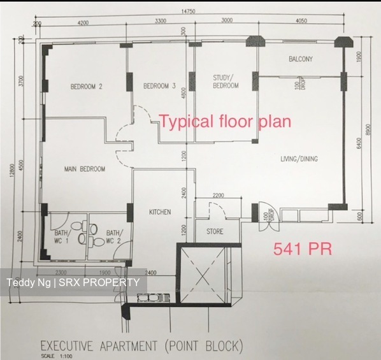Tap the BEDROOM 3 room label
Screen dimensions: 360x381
click(159, 87)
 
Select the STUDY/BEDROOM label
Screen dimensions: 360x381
click(226, 82)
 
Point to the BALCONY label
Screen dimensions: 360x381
click(300, 59)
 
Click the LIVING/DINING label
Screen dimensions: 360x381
click(299, 159)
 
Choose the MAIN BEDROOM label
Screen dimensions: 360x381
click(85, 169)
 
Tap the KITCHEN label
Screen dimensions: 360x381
click(160, 212)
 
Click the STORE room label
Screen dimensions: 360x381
click(215, 231)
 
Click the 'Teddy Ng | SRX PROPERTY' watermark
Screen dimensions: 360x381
click(73, 282)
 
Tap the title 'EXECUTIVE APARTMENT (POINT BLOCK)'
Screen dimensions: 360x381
click(141, 347)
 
